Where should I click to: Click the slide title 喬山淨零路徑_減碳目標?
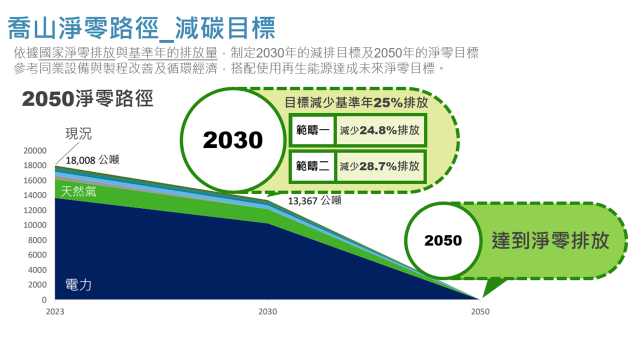pyautogui.click(x=141, y=28)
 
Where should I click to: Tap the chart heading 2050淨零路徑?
pyautogui.click(x=87, y=99)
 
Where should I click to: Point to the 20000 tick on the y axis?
pyautogui.click(x=35, y=150)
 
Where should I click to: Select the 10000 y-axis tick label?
pyautogui.click(x=35, y=225)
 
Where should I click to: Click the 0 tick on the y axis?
pyautogui.click(x=44, y=299)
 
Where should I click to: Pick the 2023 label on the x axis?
pyautogui.click(x=55, y=311)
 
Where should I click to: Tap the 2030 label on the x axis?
pyautogui.click(x=267, y=311)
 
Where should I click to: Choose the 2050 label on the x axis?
pyautogui.click(x=480, y=311)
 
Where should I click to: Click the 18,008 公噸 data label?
pyautogui.click(x=92, y=160)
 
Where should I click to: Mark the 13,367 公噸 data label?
pyautogui.click(x=314, y=200)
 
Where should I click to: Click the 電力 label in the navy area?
pyautogui.click(x=78, y=285)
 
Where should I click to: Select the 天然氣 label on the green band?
pyautogui.click(x=78, y=191)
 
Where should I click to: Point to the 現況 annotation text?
pyautogui.click(x=78, y=133)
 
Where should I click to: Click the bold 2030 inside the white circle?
pyautogui.click(x=233, y=140)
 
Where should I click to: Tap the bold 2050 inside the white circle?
pyautogui.click(x=443, y=240)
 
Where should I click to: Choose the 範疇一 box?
pyautogui.click(x=312, y=130)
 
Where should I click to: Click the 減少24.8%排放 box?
pyautogui.click(x=380, y=130)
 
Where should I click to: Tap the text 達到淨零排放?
pyautogui.click(x=550, y=240)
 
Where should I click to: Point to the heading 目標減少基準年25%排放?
pyautogui.click(x=356, y=102)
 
